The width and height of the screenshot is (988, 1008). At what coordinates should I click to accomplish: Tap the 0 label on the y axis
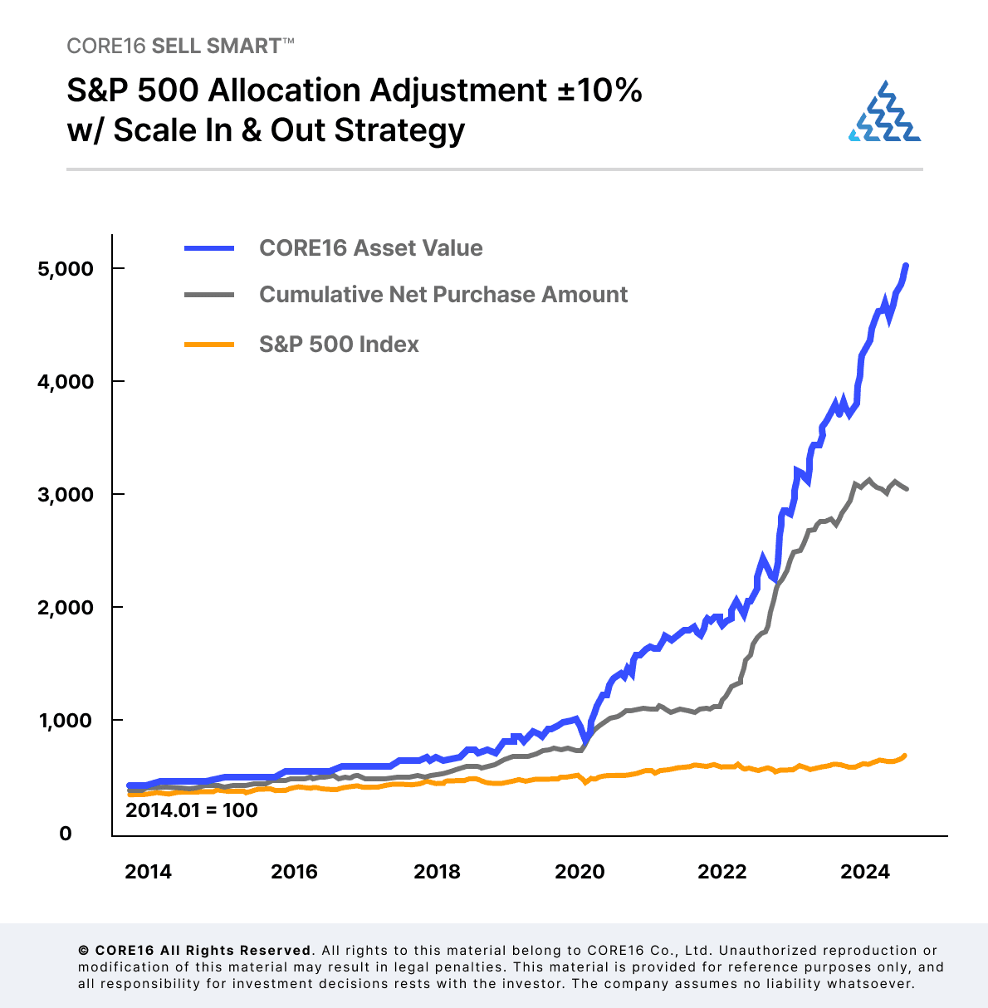tap(66, 834)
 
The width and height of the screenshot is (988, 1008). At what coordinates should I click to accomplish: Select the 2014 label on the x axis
tap(148, 871)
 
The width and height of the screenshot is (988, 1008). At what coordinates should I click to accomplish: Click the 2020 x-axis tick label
tap(580, 871)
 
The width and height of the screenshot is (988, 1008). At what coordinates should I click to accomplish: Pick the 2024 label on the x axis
tap(865, 871)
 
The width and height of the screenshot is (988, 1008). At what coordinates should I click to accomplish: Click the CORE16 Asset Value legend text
tap(370, 248)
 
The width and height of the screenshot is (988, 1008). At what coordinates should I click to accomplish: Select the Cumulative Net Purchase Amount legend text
tap(443, 295)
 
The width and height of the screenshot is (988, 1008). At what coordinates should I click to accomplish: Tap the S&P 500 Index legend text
tap(339, 345)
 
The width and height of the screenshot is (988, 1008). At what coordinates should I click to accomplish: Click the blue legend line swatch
tap(209, 248)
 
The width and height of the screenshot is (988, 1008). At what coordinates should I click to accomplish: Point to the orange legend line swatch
tap(209, 345)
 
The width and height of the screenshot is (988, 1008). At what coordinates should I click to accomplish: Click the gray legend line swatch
tap(209, 295)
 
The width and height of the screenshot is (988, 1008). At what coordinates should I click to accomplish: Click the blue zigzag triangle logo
tap(885, 112)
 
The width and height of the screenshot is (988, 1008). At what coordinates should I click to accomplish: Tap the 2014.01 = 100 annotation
tap(192, 810)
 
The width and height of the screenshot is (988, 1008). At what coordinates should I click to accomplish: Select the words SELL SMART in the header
tap(217, 46)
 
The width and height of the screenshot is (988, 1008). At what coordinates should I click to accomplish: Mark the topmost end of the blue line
tap(906, 266)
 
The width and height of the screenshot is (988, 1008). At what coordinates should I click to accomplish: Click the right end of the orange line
tap(904, 756)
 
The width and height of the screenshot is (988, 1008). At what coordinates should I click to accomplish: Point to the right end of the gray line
tap(906, 488)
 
